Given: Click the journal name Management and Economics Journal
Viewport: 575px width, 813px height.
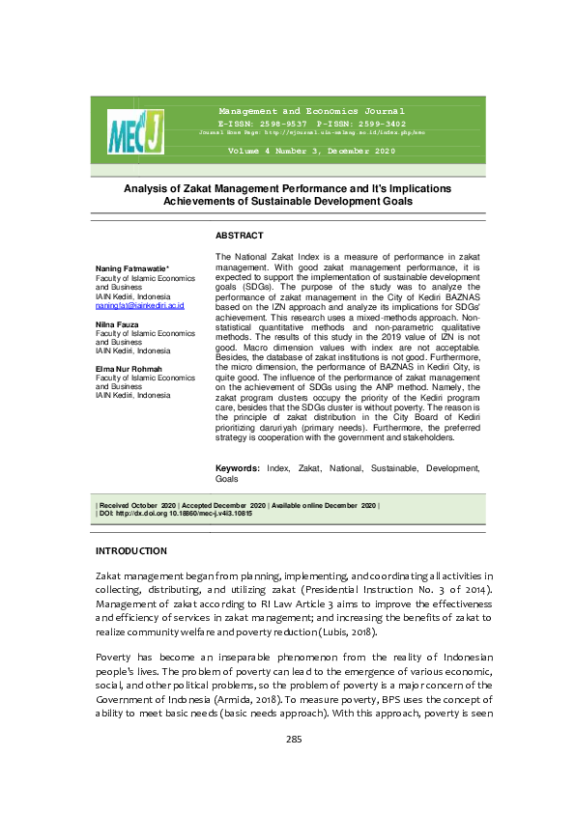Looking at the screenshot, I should point(311,112).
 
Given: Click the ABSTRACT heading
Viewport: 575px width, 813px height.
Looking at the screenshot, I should point(239,235).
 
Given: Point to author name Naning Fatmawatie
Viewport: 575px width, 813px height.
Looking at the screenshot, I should point(132,267).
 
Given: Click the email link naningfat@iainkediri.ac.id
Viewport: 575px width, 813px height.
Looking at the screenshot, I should point(139,305).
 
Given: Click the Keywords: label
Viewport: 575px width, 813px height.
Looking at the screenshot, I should point(237,467).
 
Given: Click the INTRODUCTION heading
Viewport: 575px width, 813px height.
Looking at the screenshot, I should point(130,550).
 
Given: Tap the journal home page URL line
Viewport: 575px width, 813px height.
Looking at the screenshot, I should point(311,132).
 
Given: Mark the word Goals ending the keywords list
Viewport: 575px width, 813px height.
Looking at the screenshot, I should point(226,479).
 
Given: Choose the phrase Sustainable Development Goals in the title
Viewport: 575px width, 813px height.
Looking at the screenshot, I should point(337,201).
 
